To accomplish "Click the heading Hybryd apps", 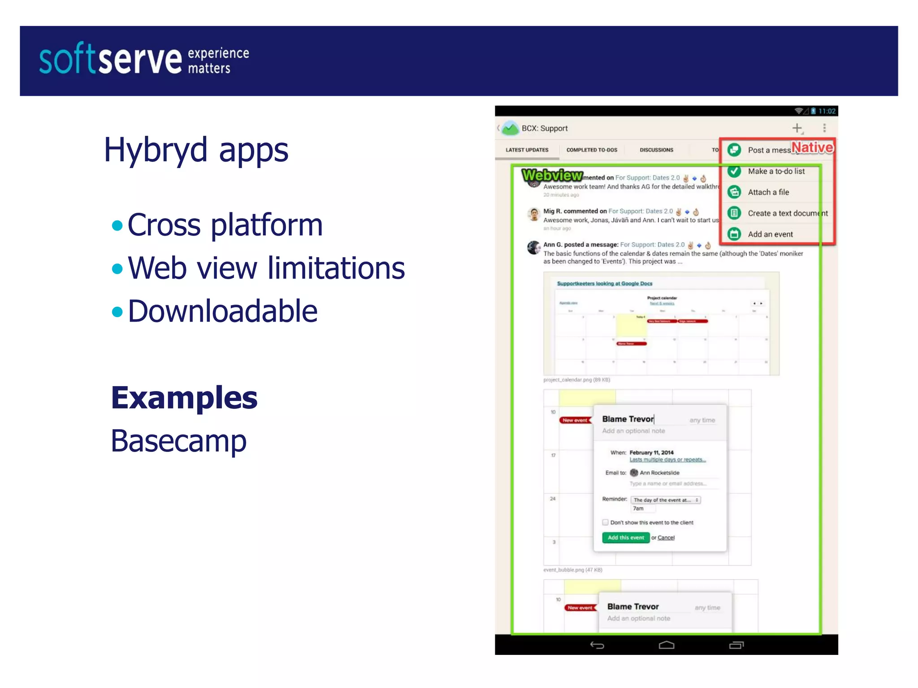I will point(196,150).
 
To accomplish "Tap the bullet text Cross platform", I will point(225,224).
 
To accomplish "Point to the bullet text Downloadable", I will point(223,311).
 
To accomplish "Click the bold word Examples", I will point(184,398).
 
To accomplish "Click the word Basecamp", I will point(178,441).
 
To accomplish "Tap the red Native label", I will point(812,147).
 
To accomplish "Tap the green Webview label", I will point(552,175).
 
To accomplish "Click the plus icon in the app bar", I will point(797,129).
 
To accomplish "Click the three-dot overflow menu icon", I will point(824,129).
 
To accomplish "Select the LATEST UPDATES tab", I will point(527,150).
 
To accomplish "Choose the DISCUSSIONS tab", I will point(656,150).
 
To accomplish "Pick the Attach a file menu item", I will point(768,192).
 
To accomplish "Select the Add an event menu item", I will point(770,234).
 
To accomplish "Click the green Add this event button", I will point(626,537).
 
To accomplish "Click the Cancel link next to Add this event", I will point(666,537).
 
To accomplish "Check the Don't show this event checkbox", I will point(605,522).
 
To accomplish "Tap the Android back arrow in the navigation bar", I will point(597,645).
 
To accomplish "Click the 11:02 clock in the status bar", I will point(827,111).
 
